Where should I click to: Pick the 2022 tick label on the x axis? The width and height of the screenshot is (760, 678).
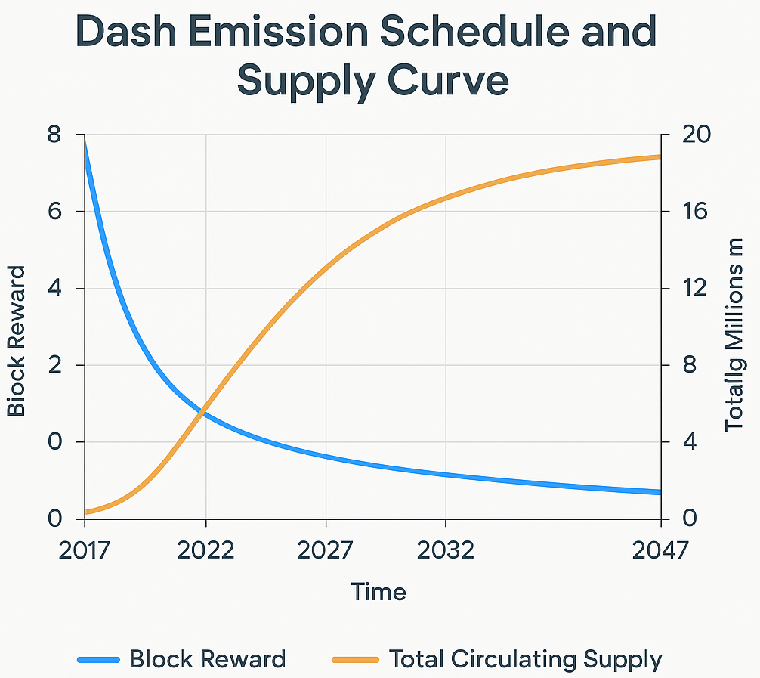point(205,550)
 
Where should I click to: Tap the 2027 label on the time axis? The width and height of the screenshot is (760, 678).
point(325,550)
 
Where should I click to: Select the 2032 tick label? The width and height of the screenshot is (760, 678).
point(446,550)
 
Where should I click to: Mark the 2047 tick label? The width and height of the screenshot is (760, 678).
point(661,550)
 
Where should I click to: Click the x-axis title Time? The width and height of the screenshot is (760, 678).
point(378,592)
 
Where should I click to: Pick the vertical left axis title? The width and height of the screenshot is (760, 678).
point(17,340)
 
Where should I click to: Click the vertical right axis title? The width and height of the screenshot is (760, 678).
point(734,335)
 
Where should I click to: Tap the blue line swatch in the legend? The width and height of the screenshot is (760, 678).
point(98,660)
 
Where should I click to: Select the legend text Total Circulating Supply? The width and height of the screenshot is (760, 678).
point(525,660)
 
